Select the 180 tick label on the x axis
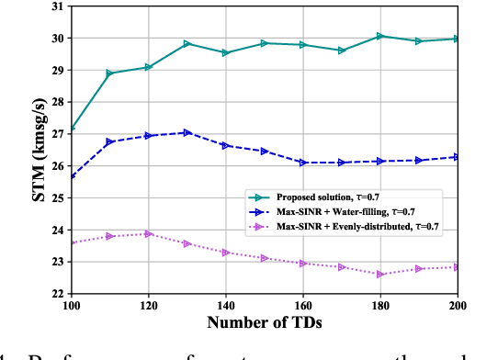(x=380, y=305)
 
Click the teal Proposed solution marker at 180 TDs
(x=380, y=37)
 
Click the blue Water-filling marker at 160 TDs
(x=303, y=163)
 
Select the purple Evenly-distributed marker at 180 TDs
(x=380, y=274)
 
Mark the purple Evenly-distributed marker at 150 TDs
(x=265, y=258)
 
